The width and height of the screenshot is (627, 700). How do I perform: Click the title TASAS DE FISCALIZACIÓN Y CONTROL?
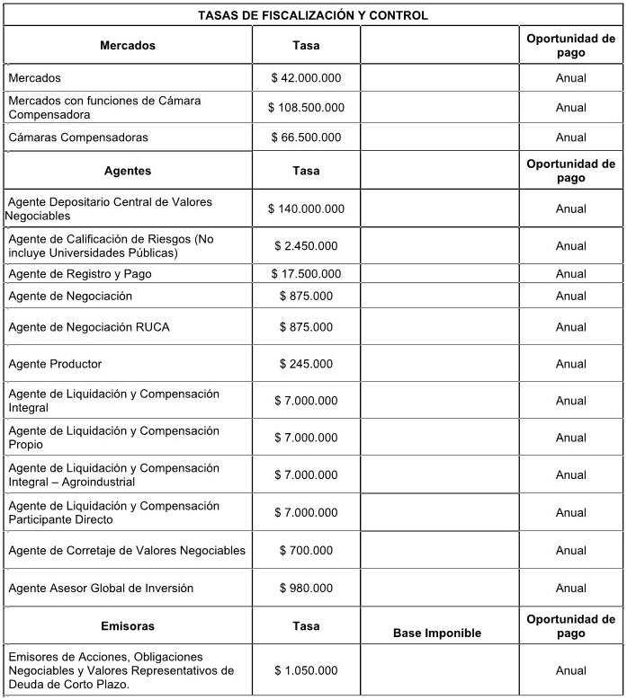(x=312, y=15)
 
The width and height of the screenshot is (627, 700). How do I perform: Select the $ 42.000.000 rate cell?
(x=306, y=78)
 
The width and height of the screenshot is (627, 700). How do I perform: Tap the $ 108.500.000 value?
(x=306, y=108)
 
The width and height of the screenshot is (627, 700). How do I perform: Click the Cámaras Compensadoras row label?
(x=78, y=137)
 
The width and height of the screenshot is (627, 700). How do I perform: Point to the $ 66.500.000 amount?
(x=306, y=137)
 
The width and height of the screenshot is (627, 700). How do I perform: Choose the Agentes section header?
(x=128, y=171)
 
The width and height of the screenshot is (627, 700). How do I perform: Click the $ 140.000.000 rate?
(x=306, y=208)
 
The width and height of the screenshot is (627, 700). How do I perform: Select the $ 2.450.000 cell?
(x=306, y=245)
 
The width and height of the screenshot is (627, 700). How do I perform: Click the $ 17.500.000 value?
(x=306, y=274)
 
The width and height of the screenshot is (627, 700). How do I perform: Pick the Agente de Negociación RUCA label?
(x=89, y=327)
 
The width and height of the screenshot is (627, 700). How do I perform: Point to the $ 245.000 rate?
(x=306, y=364)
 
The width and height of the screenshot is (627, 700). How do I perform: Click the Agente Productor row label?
(x=55, y=364)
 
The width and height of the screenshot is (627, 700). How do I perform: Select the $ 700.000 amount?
(x=306, y=550)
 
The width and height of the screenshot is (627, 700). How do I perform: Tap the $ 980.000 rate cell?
(x=306, y=589)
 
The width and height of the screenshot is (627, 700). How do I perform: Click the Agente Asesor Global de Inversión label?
(x=101, y=589)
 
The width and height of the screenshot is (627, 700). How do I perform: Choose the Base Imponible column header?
(x=437, y=634)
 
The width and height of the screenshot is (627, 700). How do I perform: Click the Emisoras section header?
(x=128, y=626)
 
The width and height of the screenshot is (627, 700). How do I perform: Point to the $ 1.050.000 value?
(x=306, y=670)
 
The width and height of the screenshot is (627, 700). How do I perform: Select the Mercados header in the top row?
(x=128, y=45)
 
